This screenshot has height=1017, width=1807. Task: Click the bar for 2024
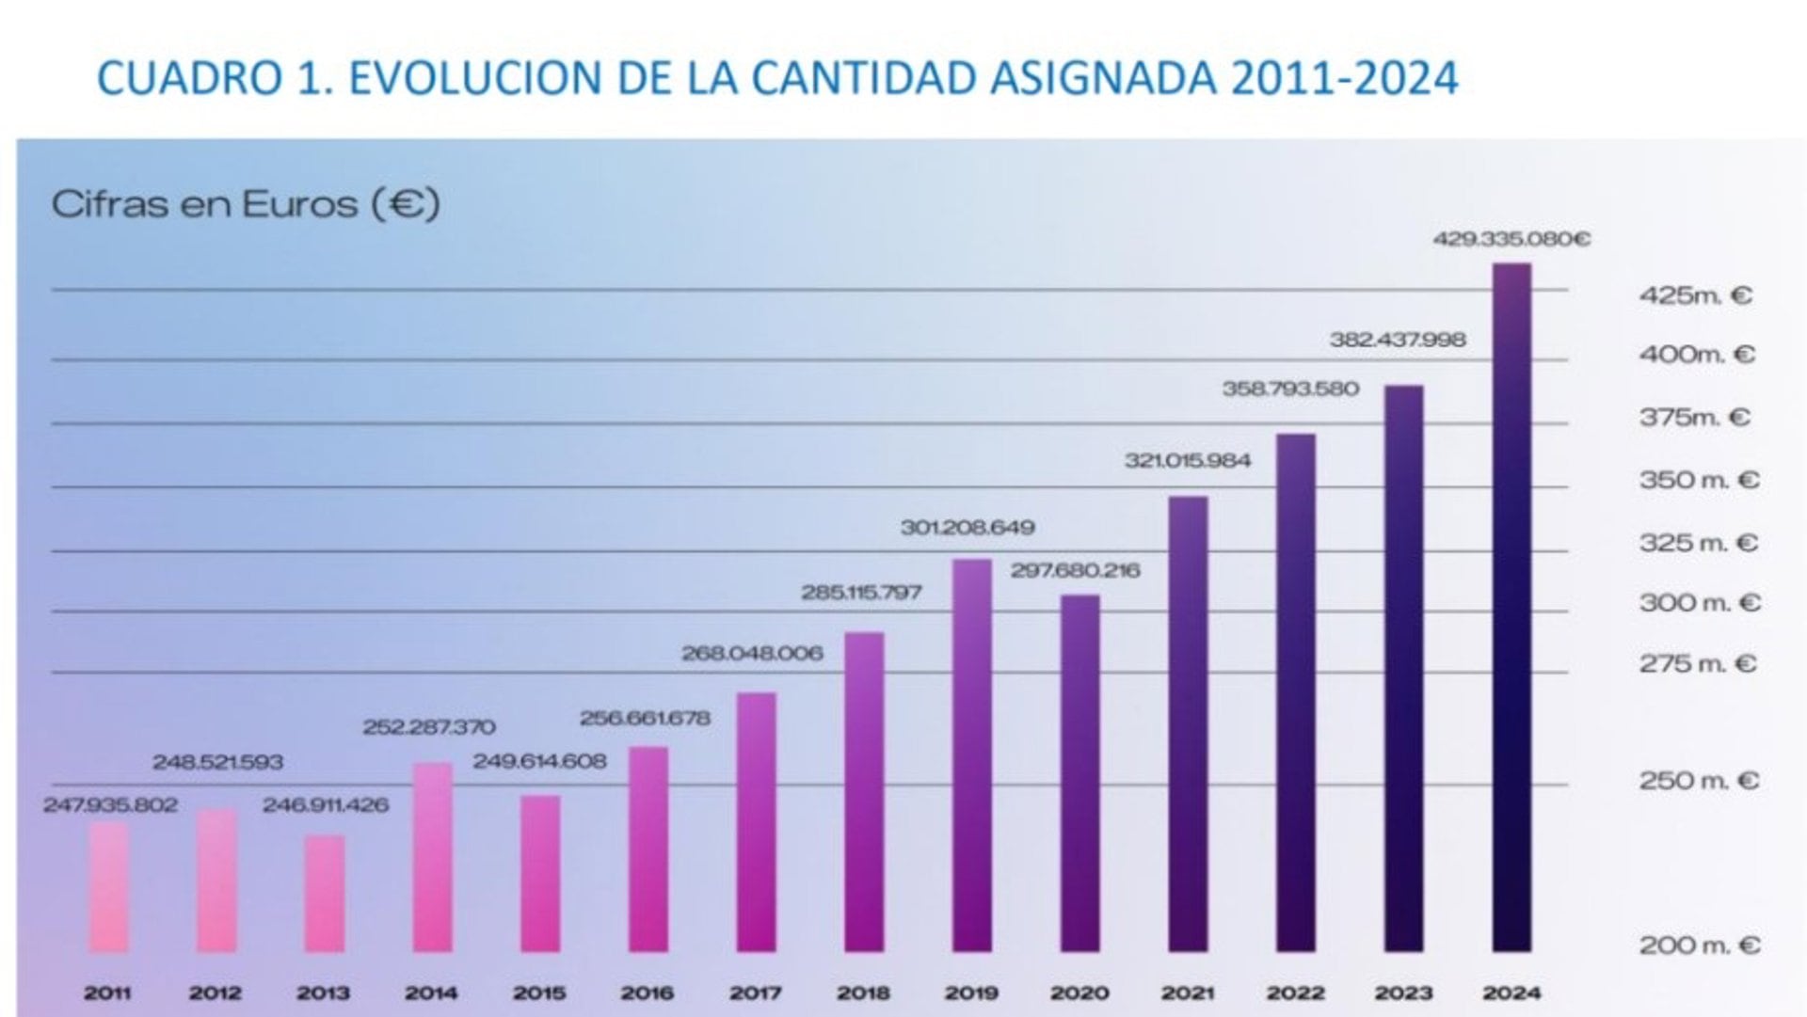point(1511,607)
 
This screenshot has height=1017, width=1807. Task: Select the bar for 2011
point(108,886)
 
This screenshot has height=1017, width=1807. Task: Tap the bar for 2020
point(1079,772)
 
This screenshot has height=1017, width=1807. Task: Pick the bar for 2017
point(756,821)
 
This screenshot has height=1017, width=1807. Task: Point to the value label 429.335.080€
point(1511,239)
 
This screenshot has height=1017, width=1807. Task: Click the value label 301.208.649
point(967,528)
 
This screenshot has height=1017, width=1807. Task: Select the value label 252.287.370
point(429,727)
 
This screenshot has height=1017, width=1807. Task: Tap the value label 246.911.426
point(325,805)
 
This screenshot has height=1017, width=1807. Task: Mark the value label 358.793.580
point(1290,389)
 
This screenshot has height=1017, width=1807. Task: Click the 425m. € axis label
point(1695,295)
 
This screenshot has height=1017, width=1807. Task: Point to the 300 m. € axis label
point(1699,602)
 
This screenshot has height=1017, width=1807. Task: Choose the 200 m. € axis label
point(1699,945)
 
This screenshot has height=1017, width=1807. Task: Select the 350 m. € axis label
point(1699,480)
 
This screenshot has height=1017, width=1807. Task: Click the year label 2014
point(431,993)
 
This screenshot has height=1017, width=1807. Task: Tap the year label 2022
point(1295,993)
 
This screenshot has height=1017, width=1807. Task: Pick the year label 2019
point(971,993)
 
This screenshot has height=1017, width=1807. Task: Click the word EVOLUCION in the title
point(476,77)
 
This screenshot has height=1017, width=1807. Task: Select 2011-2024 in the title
point(1344,77)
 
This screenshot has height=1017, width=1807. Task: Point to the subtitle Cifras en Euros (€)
point(246,204)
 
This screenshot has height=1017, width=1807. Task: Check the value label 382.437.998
point(1398,340)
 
